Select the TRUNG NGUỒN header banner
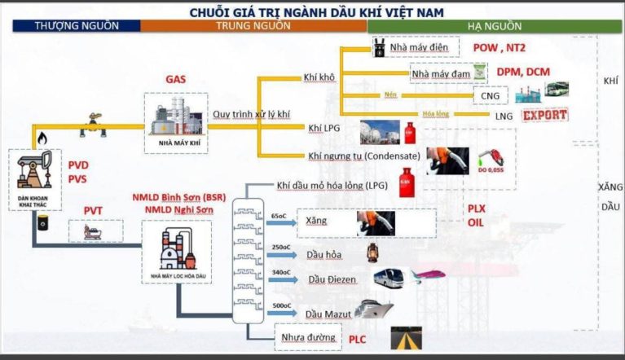253,25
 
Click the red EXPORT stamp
544,114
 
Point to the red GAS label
176,80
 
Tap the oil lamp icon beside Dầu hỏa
372,252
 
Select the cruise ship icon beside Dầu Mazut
374,309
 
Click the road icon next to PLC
407,336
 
